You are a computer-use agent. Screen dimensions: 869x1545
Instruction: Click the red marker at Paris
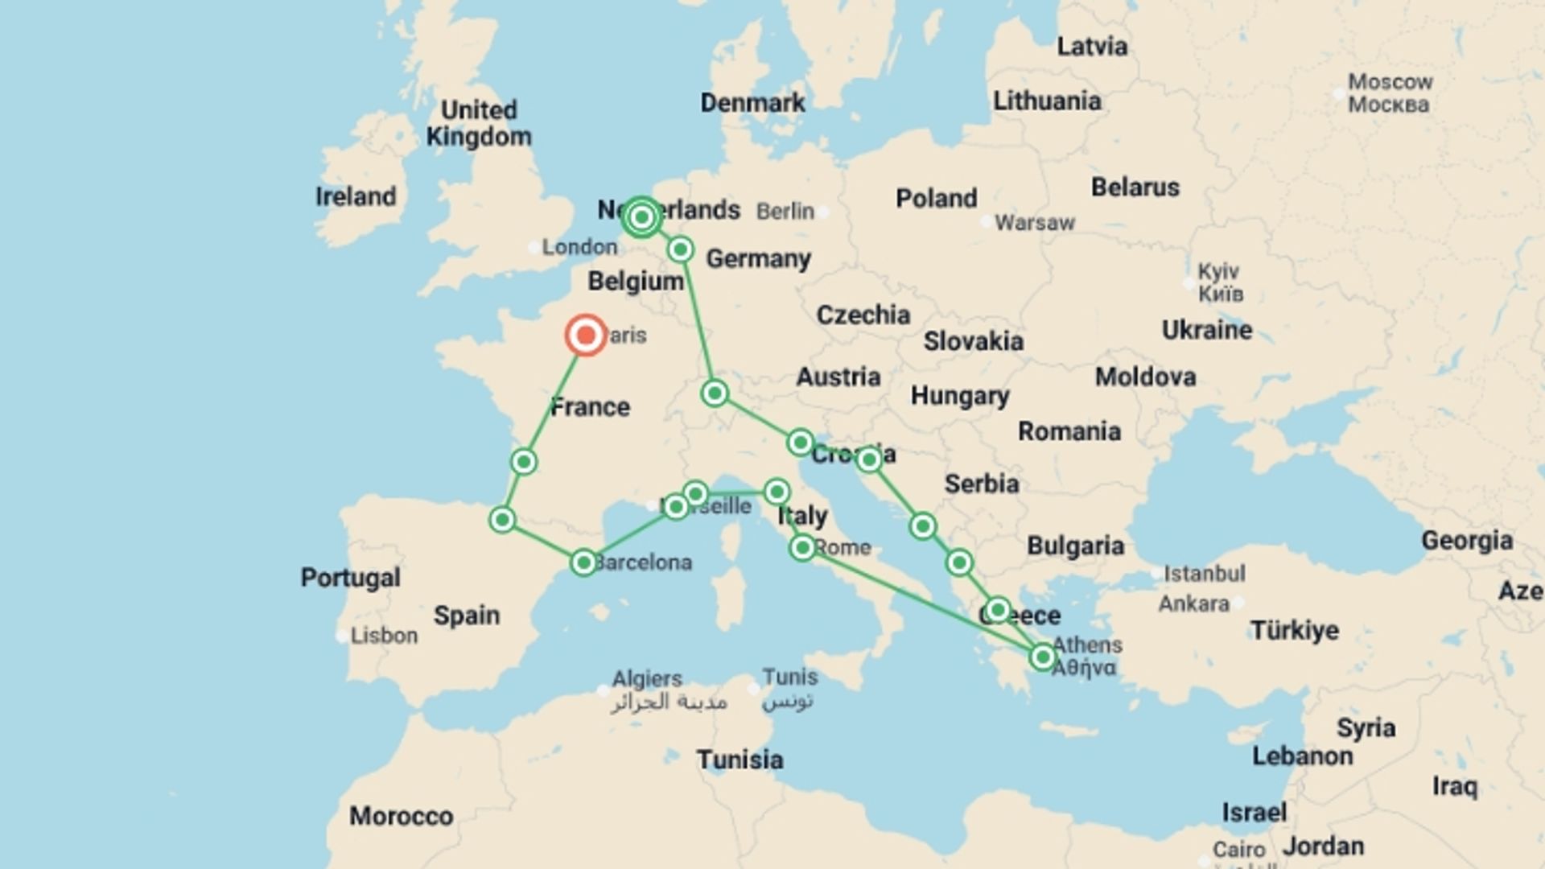pos(586,335)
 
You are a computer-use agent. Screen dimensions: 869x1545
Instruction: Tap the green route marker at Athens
pos(1042,657)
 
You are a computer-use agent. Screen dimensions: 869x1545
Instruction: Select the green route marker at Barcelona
pos(583,562)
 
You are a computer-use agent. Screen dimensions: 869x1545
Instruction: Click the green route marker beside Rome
pos(802,548)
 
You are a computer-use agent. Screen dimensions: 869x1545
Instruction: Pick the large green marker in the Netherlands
pos(641,217)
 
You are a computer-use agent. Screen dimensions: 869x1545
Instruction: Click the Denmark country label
pos(752,103)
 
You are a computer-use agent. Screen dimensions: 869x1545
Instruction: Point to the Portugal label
pos(350,577)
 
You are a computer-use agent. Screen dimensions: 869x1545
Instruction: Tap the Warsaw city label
pos(1034,223)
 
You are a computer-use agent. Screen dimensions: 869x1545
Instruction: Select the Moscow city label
pos(1390,83)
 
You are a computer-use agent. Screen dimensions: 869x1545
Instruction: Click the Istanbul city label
pos(1204,574)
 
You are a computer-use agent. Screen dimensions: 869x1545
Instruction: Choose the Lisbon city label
pos(384,636)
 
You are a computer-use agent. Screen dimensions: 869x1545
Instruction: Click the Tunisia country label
pos(740,759)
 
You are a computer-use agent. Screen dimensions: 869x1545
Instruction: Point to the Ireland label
pos(356,196)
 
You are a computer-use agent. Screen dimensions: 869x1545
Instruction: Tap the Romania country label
pos(1069,431)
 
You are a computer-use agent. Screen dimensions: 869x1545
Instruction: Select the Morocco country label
pos(401,816)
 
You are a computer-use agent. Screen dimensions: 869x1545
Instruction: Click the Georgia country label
pos(1466,541)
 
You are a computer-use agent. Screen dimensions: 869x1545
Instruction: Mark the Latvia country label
pos(1091,47)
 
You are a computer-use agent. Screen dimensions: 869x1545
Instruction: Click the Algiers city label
pos(646,678)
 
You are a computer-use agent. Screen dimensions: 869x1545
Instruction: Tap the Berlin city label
pos(785,212)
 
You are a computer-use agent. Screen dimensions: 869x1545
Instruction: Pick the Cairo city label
pos(1238,850)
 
